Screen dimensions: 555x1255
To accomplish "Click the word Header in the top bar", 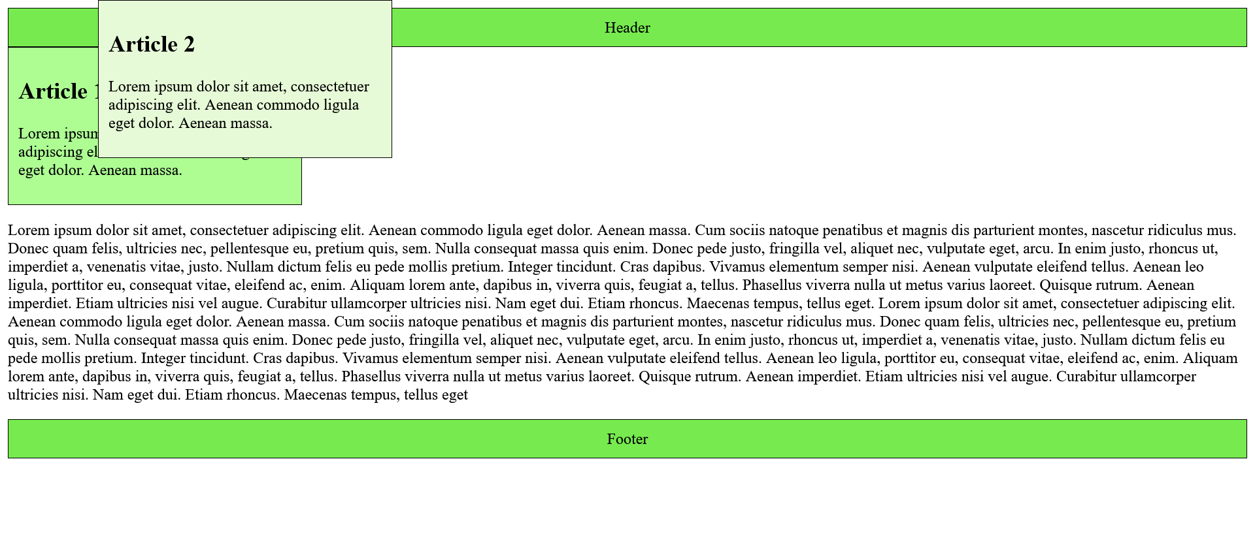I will (627, 28).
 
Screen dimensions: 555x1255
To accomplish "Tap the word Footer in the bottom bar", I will (627, 439).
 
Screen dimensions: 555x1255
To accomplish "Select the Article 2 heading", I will (152, 44).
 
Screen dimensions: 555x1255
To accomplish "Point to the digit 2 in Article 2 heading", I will (189, 44).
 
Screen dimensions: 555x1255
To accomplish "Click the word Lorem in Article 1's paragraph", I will (39, 134).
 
